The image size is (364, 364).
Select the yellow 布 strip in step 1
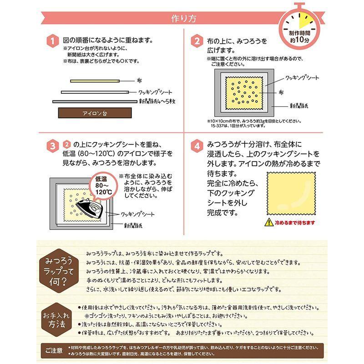pyautogui.click(x=95, y=81)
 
